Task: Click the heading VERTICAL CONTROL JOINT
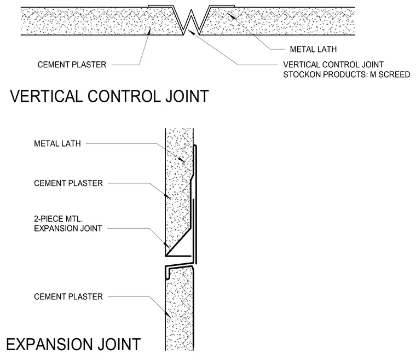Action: (x=109, y=96)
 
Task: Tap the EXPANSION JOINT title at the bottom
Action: (x=73, y=344)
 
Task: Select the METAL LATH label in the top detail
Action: (x=313, y=49)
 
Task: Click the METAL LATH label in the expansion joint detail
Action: (x=57, y=144)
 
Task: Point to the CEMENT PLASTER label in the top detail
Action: (x=72, y=65)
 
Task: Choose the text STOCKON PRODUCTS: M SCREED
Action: (x=346, y=74)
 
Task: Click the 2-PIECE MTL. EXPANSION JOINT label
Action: (x=68, y=224)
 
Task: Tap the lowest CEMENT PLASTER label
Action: (x=68, y=297)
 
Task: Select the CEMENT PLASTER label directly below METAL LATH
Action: (x=68, y=183)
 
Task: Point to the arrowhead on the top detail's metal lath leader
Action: (x=232, y=16)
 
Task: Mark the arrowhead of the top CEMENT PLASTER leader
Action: (x=149, y=31)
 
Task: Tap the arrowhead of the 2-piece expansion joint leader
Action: (x=166, y=245)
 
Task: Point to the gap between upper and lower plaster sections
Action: (x=179, y=261)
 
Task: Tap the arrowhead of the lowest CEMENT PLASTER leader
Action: (x=167, y=315)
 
